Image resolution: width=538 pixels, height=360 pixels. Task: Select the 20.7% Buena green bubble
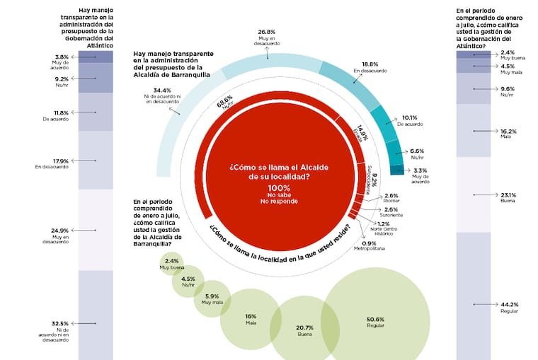click(305, 330)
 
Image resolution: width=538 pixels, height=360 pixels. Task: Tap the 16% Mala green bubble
click(251, 320)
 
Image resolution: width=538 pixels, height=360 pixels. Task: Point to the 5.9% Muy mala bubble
click(212, 298)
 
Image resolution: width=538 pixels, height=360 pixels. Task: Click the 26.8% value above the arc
click(266, 32)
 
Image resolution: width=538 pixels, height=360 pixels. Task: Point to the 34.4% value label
click(163, 91)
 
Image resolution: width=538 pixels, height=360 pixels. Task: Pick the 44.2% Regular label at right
click(510, 305)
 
